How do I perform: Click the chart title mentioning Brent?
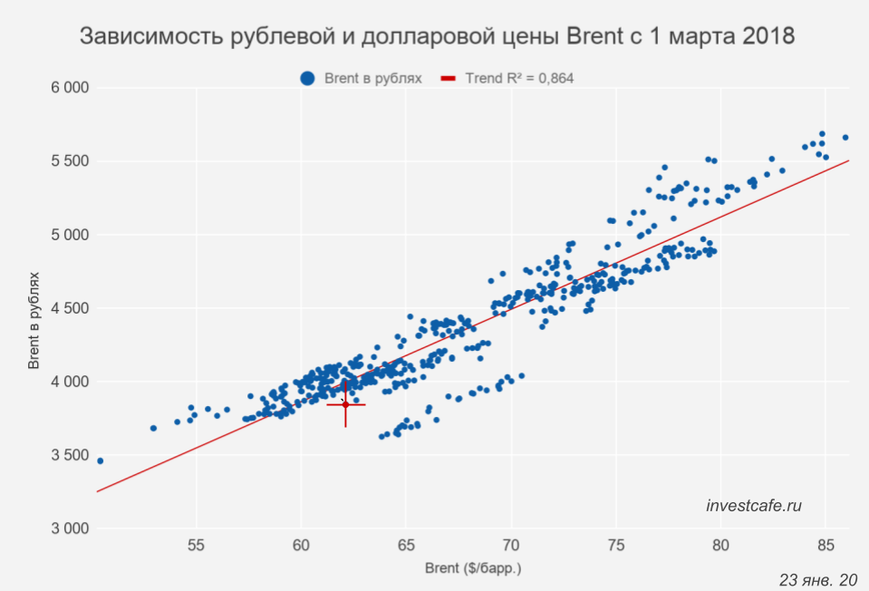coord(437,37)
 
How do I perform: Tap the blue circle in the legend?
coord(308,79)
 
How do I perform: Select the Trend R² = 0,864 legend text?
coord(519,79)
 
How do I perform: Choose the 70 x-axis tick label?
coord(511,547)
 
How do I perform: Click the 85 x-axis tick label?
coord(826,547)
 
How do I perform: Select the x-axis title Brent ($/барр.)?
coord(474,569)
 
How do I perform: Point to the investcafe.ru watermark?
coord(754,506)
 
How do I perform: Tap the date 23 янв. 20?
coord(816,579)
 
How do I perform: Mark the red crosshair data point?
coord(345,404)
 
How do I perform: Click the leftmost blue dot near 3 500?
coord(100,460)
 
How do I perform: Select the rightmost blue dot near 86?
coord(845,138)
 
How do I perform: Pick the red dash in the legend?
coord(448,79)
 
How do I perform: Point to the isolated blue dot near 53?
coord(153,428)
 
